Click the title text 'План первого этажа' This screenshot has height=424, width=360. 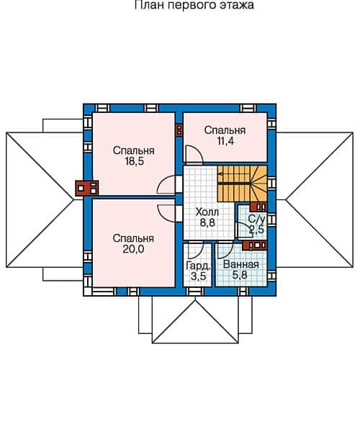(x=194, y=5)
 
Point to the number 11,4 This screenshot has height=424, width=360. (x=225, y=143)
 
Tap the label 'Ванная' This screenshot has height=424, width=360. (x=240, y=264)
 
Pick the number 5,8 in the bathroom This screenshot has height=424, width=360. (x=240, y=275)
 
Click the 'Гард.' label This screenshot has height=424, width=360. (x=197, y=265)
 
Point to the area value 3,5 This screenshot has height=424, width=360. (x=197, y=276)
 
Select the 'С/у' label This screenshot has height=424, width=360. (x=256, y=218)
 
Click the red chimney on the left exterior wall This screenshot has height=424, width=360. (x=88, y=189)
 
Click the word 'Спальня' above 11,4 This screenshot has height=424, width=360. (x=225, y=130)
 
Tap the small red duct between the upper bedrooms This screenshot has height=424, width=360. (x=179, y=131)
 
